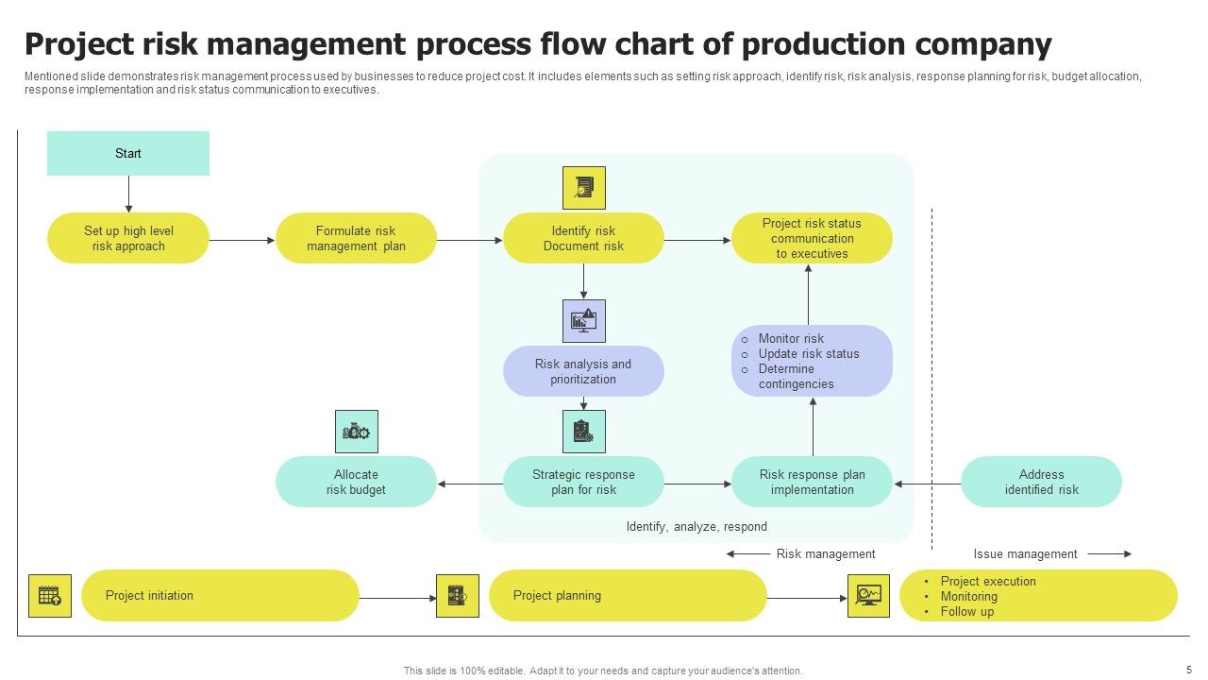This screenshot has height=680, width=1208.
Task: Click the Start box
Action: [128, 153]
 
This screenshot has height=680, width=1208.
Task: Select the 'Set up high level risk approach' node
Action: [128, 238]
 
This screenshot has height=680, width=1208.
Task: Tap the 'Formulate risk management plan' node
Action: [356, 238]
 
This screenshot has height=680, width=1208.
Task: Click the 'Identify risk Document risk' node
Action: [583, 238]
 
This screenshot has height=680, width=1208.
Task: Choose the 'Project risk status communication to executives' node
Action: [812, 238]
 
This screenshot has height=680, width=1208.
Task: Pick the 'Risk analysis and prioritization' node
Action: [583, 371]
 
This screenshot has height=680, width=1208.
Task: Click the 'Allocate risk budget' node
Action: [356, 482]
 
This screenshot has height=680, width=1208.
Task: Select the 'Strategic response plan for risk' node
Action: [583, 482]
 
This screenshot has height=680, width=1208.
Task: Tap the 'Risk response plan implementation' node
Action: [812, 482]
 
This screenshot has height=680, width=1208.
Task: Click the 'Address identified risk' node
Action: [1041, 482]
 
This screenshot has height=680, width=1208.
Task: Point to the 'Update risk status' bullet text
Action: [809, 353]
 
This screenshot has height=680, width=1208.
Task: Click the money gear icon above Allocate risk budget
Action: [357, 432]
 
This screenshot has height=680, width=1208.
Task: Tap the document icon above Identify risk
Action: [583, 188]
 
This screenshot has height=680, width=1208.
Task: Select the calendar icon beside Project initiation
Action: [50, 596]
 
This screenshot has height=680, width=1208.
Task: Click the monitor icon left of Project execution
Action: [868, 596]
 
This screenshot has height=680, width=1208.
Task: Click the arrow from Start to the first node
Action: [128, 194]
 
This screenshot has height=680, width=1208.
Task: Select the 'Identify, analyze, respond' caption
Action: [696, 527]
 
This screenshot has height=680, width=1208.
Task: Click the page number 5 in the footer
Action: [1189, 669]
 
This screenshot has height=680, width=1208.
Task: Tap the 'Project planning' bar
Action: [628, 596]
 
